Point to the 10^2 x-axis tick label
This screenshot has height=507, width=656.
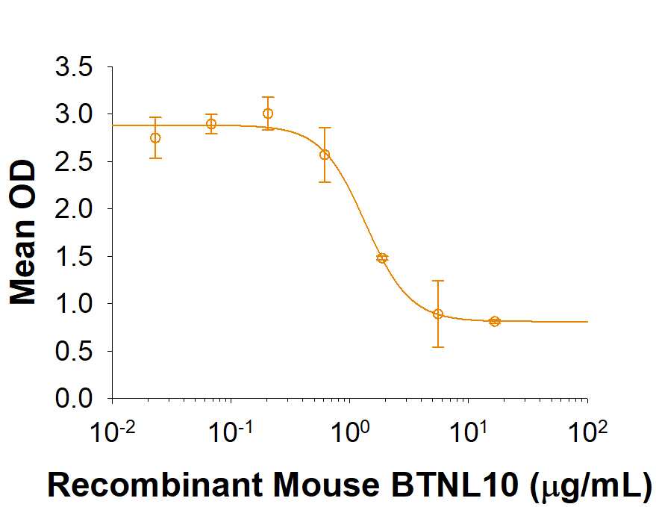pos(587,431)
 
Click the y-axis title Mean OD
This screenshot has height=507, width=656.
pos(24,232)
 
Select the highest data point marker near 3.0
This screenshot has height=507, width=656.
pos(268,113)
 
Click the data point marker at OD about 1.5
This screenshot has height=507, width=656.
pos(382,258)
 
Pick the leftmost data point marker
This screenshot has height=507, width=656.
pos(155,137)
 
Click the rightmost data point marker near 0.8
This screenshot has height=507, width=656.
pos(494,321)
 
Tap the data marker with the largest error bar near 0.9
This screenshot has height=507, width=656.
pos(438,314)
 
